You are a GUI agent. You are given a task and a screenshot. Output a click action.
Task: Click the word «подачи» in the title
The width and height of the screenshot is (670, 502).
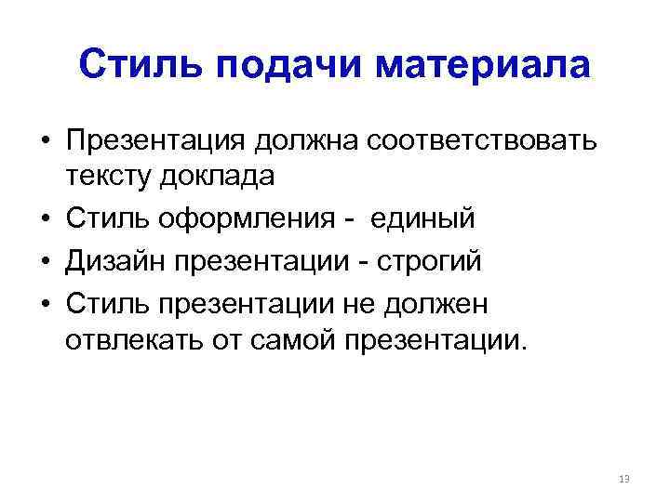coord(272,66)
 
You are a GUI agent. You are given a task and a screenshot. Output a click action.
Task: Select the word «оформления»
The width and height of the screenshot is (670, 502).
coord(245,219)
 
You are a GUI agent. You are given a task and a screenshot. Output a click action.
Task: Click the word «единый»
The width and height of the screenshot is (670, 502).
coord(423,219)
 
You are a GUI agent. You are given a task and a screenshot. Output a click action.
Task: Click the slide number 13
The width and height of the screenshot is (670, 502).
coord(623,479)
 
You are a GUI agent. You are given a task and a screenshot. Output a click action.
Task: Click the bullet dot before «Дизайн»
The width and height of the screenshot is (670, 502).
coord(44,262)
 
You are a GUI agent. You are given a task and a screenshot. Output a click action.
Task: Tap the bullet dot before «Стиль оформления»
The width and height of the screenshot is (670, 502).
coord(44,220)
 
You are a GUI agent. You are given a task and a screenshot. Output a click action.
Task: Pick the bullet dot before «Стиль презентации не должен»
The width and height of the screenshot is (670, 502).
coord(44,305)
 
